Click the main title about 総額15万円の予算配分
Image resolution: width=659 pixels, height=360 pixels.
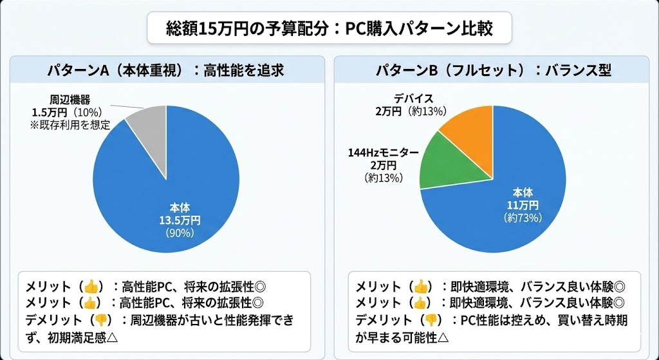pyautogui.click(x=329, y=29)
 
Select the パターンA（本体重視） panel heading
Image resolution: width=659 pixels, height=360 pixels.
pyautogui.click(x=165, y=70)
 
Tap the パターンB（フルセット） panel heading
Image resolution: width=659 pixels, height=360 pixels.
pyautogui.click(x=493, y=70)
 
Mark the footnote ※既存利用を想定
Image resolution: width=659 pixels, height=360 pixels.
pyautogui.click(x=70, y=125)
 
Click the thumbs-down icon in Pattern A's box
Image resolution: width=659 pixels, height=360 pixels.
pyautogui.click(x=100, y=320)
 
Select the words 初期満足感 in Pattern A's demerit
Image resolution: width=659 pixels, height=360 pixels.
pyautogui.click(x=70, y=336)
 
